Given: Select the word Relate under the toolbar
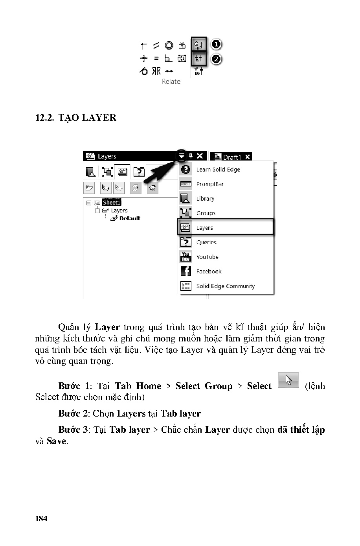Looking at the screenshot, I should (x=171, y=81).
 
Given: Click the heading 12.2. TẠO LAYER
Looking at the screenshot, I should (x=76, y=118).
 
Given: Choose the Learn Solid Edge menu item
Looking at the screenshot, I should (x=218, y=170).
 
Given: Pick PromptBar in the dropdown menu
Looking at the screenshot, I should (x=210, y=184).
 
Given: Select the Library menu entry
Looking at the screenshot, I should (x=205, y=199).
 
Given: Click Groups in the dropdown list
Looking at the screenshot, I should (x=206, y=213).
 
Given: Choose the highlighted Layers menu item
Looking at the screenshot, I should (x=204, y=228).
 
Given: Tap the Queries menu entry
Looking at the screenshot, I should (x=206, y=242).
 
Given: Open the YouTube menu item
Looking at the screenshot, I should (x=207, y=257).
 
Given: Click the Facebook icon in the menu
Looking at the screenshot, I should (x=186, y=271).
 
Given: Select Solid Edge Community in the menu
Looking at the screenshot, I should (x=225, y=286).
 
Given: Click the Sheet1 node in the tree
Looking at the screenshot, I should (x=112, y=203).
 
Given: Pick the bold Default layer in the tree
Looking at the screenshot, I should (x=130, y=218).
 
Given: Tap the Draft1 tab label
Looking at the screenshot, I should (x=231, y=157).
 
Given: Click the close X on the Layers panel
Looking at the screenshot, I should (x=200, y=156).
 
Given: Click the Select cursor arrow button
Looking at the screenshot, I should (x=288, y=380).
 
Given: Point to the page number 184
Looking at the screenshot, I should (x=41, y=518).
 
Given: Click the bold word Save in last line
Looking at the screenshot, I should (x=56, y=441).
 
